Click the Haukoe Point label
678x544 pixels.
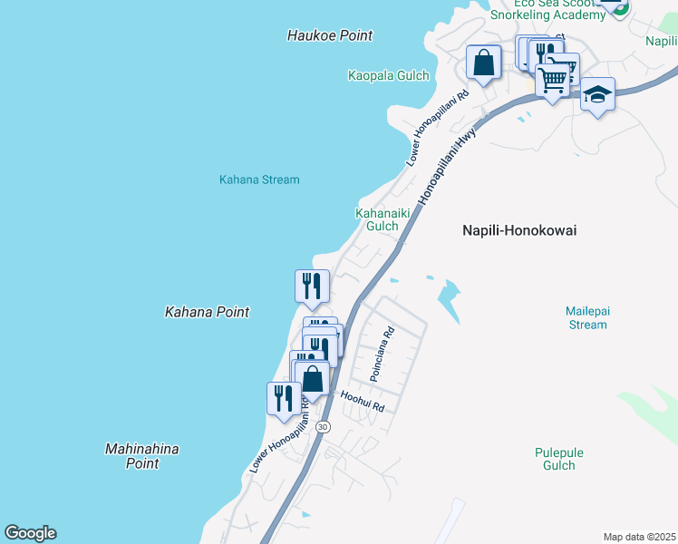(330, 35)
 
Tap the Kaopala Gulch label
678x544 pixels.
(388, 76)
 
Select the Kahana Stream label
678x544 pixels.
(259, 180)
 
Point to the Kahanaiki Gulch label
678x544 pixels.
(377, 219)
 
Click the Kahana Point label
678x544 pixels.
(207, 312)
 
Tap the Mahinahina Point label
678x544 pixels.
(142, 456)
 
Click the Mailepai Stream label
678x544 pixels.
(587, 317)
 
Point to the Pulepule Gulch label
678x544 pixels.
(559, 459)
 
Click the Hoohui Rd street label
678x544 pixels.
(363, 402)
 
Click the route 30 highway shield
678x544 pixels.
(324, 426)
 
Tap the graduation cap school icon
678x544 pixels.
(597, 94)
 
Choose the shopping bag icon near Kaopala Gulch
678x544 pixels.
(484, 63)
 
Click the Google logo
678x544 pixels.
(30, 533)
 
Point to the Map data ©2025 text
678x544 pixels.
(638, 537)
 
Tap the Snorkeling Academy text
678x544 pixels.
(547, 15)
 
